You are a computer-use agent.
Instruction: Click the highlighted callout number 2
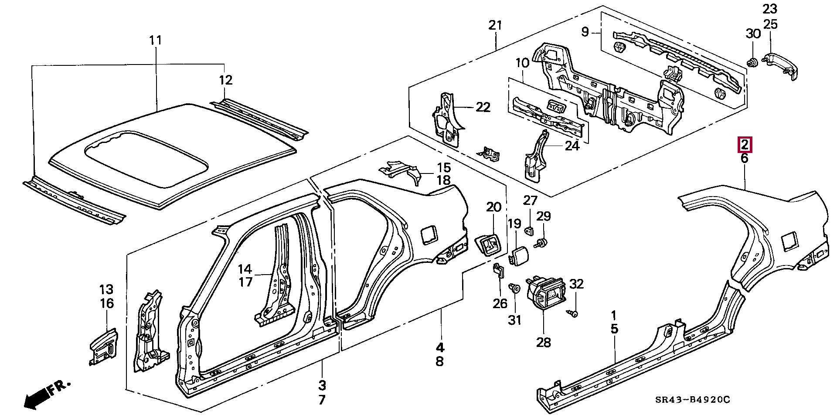point(744,144)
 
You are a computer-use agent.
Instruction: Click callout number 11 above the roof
point(155,41)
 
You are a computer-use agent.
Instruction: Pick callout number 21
point(496,25)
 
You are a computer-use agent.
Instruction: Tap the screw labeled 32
point(574,313)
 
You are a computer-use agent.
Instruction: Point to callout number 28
point(544,342)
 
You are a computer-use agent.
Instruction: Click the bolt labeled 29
point(543,242)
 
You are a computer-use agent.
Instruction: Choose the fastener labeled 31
point(514,289)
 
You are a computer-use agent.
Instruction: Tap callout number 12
point(225,80)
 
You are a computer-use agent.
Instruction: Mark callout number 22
point(483,107)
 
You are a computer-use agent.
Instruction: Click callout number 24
point(572,146)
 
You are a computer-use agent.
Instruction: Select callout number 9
point(585,31)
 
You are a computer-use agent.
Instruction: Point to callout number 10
point(522,63)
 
